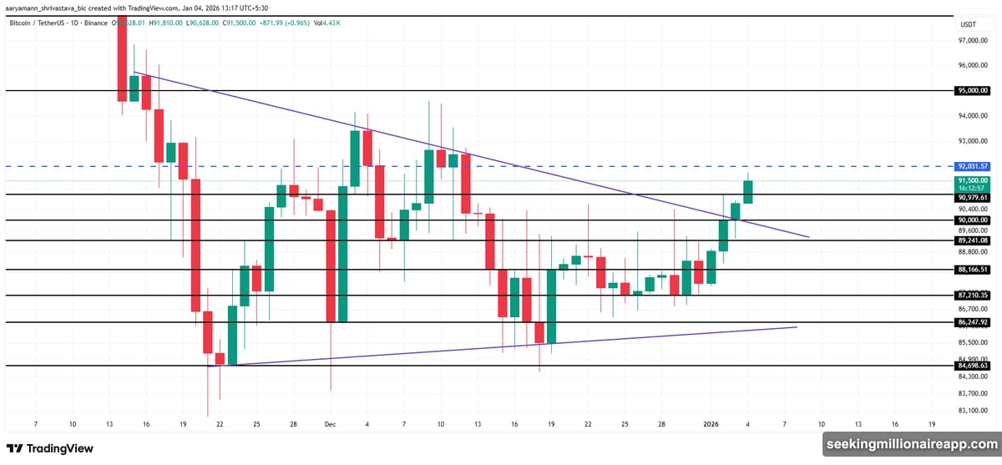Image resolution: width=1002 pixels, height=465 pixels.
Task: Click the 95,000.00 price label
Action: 973,90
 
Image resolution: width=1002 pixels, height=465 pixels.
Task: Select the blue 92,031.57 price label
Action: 973,166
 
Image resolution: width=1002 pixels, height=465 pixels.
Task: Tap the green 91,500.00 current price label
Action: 973,180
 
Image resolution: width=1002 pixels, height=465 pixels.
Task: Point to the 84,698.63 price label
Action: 973,366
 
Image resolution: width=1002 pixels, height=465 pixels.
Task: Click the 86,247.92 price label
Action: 973,322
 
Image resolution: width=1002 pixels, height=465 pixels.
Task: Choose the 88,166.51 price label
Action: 973,270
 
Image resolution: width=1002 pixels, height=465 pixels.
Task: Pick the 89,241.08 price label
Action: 973,240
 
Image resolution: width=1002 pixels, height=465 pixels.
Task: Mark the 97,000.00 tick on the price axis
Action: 973,40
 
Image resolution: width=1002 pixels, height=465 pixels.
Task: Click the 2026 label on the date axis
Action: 712,424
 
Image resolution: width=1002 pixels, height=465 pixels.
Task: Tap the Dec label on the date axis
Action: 330,424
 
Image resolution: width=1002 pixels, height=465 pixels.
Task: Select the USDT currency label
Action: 969,24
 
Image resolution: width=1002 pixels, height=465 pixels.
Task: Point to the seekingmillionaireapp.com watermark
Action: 909,444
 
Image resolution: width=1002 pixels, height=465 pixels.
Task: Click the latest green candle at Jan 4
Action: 748,191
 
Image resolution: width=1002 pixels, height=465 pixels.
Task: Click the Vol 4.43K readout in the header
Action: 327,23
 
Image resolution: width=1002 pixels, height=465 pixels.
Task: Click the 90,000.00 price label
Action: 973,220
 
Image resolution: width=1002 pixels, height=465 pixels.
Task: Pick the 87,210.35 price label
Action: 973,296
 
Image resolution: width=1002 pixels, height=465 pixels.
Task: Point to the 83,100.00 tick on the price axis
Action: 973,410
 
